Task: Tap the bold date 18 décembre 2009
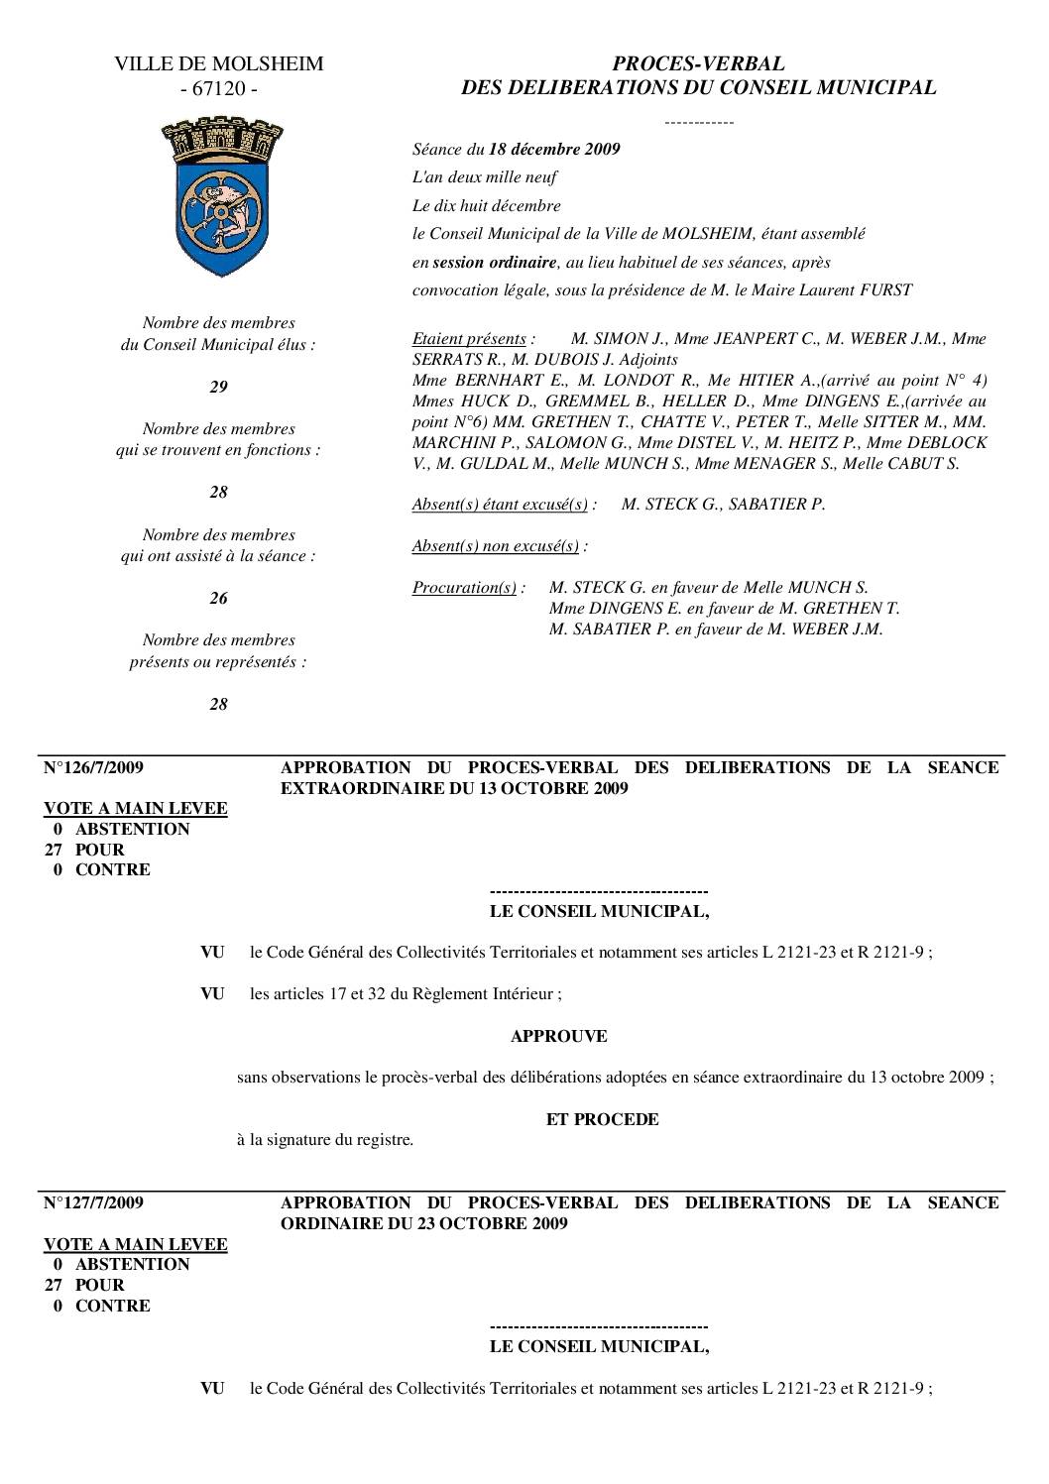pos(554,150)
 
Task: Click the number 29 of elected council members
pos(218,388)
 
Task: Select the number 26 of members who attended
pos(218,599)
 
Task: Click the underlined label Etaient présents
pos(469,339)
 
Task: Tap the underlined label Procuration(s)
pos(464,588)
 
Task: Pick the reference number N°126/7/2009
pos(94,768)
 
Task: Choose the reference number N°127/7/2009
pos(94,1203)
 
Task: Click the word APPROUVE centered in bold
pos(558,1037)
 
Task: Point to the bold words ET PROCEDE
pos(602,1120)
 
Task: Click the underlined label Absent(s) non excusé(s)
pos(496,546)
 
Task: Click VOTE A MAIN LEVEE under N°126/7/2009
pos(136,809)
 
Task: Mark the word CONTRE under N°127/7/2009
pos(113,1307)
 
